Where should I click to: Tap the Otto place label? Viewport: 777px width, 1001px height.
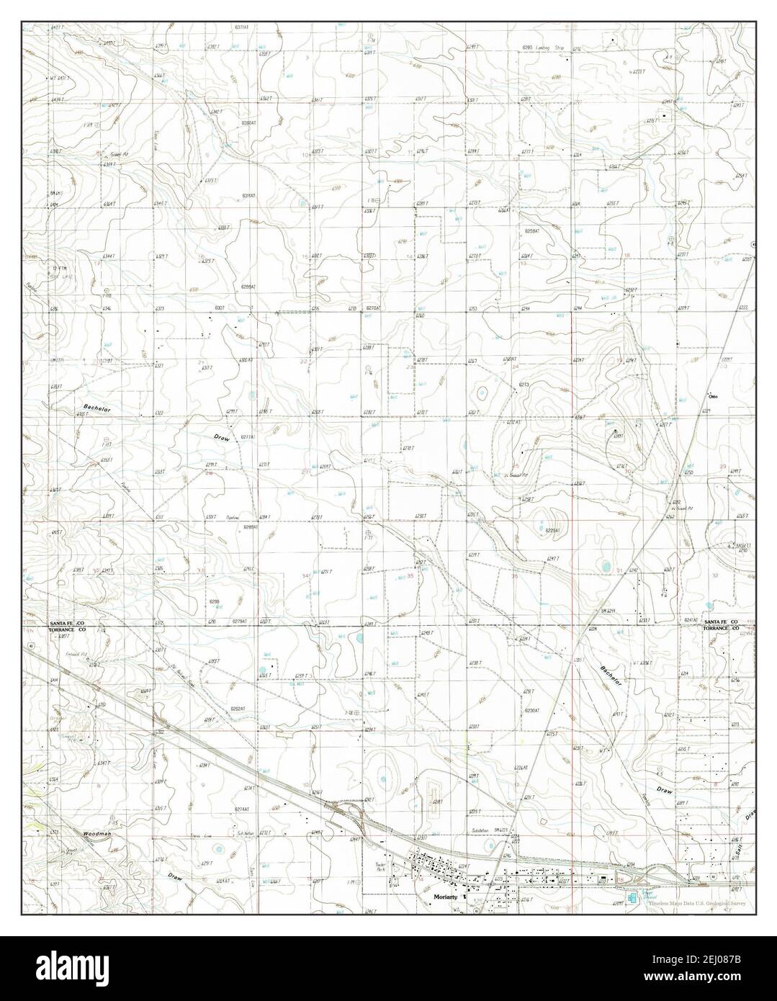coord(714,396)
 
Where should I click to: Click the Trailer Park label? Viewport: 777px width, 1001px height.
coord(392,866)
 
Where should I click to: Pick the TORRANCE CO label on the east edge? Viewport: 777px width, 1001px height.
coord(722,628)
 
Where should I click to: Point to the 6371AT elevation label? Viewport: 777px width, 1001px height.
coord(241,27)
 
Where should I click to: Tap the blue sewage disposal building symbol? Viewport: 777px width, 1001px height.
coord(632,899)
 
